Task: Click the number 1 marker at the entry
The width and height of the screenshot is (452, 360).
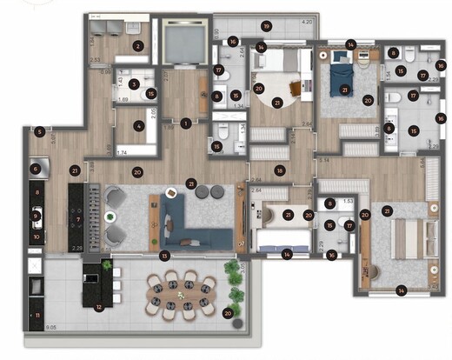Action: coord(185,123)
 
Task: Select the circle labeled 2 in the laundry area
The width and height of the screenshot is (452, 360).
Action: coord(137,46)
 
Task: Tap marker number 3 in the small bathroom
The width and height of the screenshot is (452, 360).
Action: coord(133,84)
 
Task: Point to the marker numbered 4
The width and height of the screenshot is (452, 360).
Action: coord(139,125)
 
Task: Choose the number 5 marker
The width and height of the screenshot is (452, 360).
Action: coord(39,131)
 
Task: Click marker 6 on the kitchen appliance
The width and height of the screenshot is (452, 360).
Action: coord(36,170)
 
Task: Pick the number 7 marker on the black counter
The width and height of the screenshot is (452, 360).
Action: coord(78,219)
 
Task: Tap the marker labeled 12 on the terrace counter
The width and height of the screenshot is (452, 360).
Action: coord(99,306)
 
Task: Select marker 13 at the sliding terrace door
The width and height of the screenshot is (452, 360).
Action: coord(164,255)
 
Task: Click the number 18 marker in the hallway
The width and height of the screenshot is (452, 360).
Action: coord(279,171)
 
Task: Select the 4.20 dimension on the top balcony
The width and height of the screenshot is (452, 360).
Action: coord(307,20)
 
